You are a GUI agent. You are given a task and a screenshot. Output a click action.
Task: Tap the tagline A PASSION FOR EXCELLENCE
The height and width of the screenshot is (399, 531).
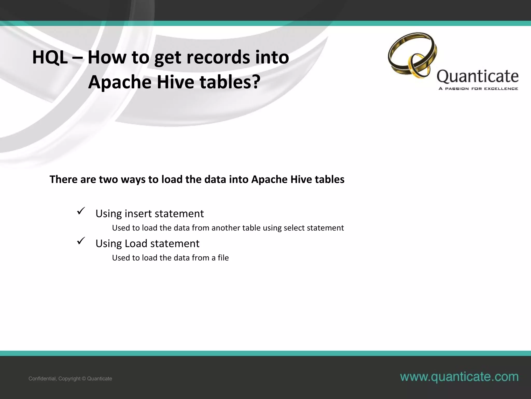click(x=478, y=89)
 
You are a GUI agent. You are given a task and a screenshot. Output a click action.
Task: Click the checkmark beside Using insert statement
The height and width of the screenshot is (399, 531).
click(x=81, y=211)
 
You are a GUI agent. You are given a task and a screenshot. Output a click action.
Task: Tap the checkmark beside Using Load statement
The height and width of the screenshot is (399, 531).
click(x=81, y=241)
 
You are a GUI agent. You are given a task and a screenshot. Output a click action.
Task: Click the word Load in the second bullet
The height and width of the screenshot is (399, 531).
click(x=136, y=243)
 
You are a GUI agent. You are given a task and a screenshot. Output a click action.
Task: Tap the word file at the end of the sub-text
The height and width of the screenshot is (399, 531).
click(x=223, y=258)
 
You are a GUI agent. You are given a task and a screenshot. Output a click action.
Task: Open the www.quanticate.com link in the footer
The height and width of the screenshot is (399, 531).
click(x=459, y=377)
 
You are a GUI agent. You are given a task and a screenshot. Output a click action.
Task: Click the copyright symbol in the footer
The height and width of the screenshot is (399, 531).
click(x=84, y=379)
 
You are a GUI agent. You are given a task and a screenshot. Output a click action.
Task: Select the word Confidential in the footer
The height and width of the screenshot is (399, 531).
click(x=42, y=379)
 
